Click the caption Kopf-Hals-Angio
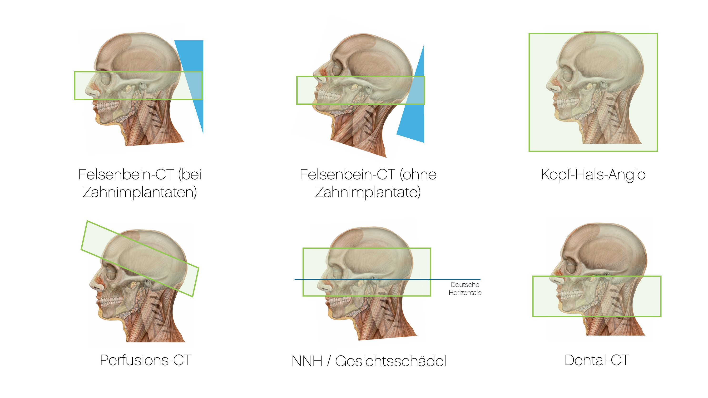pyautogui.click(x=593, y=175)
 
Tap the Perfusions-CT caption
pyautogui.click(x=146, y=360)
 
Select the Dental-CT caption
pyautogui.click(x=597, y=360)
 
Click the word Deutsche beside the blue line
pyautogui.click(x=465, y=285)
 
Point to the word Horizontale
pyautogui.click(x=465, y=293)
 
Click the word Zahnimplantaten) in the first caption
pyautogui.click(x=140, y=192)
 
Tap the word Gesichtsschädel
pyautogui.click(x=391, y=361)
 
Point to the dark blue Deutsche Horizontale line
pyautogui.click(x=387, y=279)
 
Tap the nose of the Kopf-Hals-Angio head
pyautogui.click(x=552, y=87)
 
